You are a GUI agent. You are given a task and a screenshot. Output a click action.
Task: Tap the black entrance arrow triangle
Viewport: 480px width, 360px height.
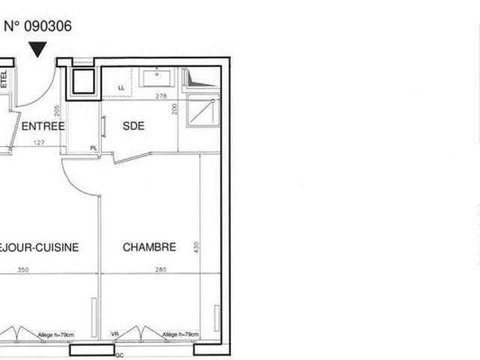pos(38,50)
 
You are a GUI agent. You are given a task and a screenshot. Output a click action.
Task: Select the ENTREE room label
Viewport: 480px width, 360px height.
pos(43,126)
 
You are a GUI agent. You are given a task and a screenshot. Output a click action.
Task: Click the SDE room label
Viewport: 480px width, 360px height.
pos(133,126)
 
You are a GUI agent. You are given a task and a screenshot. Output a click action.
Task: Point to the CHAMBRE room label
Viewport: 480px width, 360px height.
pos(149,247)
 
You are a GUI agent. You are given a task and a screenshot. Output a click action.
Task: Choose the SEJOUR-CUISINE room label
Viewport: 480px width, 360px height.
pos(37,247)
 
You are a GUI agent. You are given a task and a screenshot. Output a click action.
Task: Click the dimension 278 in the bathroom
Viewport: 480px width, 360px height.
pos(159,96)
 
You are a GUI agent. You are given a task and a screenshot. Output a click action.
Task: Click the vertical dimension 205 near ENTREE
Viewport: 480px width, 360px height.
pos(57,109)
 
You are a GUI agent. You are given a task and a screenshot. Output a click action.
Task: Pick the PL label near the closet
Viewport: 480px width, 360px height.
pos(94,148)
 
